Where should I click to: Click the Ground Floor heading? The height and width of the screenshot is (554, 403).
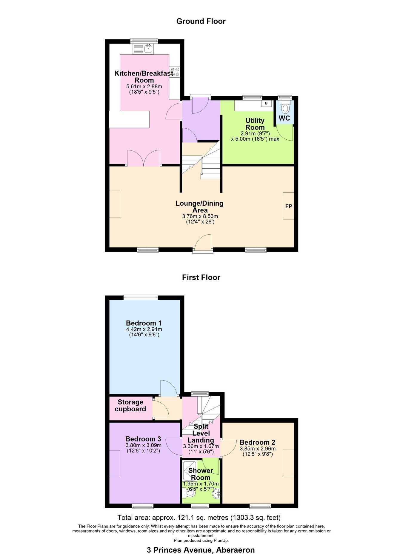tap(201, 21)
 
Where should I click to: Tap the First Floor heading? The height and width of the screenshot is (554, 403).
tap(201, 277)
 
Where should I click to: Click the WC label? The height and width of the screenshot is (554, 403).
tap(284, 118)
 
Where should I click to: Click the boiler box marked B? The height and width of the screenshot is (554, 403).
tap(267, 103)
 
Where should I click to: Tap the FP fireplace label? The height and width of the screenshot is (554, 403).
tap(289, 206)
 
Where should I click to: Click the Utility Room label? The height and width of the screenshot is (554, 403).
tap(255, 124)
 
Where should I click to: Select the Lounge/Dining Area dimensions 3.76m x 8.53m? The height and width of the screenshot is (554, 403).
tap(200, 216)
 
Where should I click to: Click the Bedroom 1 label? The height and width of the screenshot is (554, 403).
tap(144, 323)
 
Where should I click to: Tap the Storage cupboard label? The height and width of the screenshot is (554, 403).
tap(130, 405)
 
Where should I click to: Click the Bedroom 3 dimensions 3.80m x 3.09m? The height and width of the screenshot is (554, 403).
tap(143, 445)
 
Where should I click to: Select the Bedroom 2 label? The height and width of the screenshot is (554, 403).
tap(257, 442)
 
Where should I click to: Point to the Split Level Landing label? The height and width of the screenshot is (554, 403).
tap(201, 433)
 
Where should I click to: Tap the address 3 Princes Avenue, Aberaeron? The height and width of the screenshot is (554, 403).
tap(201, 550)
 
